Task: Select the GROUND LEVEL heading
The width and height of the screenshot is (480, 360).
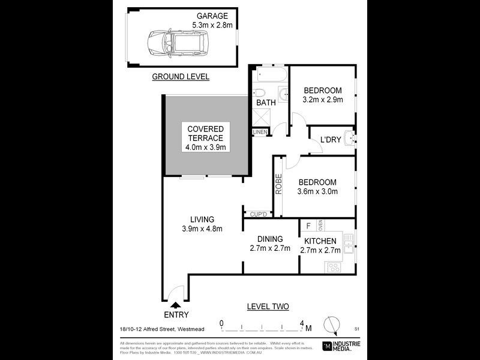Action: coord(180,77)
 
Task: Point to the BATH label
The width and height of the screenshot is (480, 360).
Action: coord(266,103)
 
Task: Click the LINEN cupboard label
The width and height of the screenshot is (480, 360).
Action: coord(260,131)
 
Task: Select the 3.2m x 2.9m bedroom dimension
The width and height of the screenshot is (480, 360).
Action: coord(323,100)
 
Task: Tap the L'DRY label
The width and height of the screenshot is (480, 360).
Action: coord(330,140)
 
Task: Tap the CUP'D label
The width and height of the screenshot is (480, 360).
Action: coord(257,214)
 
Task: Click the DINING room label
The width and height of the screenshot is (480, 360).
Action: coord(270,239)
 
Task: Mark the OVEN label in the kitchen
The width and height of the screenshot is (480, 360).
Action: coord(320,226)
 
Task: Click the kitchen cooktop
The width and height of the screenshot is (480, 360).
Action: coord(334,267)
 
